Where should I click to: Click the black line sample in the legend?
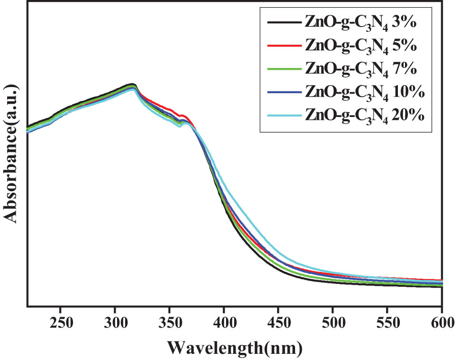tap(283, 22)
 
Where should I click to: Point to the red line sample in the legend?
tap(283, 46)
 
